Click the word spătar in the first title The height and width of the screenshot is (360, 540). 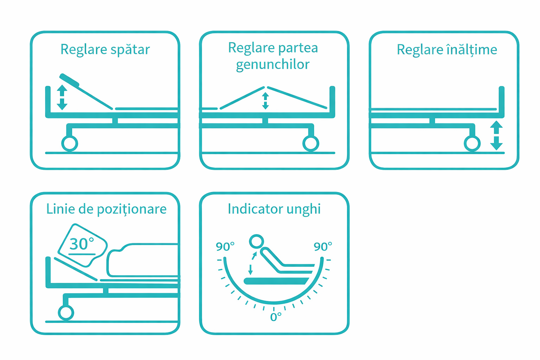[x=130, y=50]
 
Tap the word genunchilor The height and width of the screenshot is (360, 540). [x=273, y=65]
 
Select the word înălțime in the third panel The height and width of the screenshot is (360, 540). [x=472, y=50]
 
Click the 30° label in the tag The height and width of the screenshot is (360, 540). [x=82, y=244]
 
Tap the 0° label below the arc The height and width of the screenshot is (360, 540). [x=276, y=317]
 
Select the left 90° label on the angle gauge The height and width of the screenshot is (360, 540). [x=225, y=246]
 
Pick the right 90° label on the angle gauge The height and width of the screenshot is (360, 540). [x=323, y=246]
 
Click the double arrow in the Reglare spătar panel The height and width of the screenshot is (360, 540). [x=62, y=97]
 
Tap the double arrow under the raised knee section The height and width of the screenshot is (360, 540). [x=265, y=101]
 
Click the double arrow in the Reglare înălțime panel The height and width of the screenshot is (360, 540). [x=496, y=135]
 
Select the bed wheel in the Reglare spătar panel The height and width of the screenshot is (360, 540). [x=70, y=143]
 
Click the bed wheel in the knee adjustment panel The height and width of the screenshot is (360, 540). [x=311, y=143]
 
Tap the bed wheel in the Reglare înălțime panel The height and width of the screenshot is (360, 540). [x=472, y=143]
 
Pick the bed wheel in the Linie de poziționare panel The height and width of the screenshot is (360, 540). [x=66, y=313]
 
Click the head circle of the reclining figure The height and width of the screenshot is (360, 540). [x=256, y=242]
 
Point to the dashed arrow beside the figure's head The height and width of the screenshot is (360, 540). [x=252, y=263]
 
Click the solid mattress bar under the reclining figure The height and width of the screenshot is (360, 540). [x=276, y=281]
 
